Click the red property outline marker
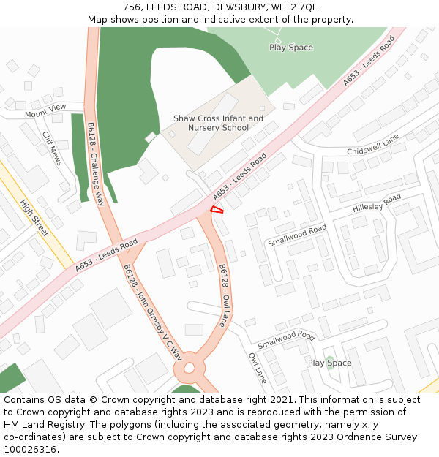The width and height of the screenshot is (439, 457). click(217, 211)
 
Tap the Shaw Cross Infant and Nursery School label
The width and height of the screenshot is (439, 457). click(218, 123)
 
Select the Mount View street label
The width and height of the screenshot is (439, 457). click(45, 111)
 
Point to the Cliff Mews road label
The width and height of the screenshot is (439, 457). click(52, 148)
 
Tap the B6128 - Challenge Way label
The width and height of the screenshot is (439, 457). click(96, 164)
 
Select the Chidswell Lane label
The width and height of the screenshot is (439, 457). click(373, 145)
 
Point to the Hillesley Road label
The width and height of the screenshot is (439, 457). click(377, 203)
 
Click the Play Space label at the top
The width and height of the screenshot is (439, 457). click(290, 48)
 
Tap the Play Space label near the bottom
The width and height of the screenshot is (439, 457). click(329, 363)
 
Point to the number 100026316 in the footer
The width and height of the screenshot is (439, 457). click(29, 449)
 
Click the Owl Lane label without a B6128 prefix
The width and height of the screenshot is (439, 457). click(257, 369)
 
